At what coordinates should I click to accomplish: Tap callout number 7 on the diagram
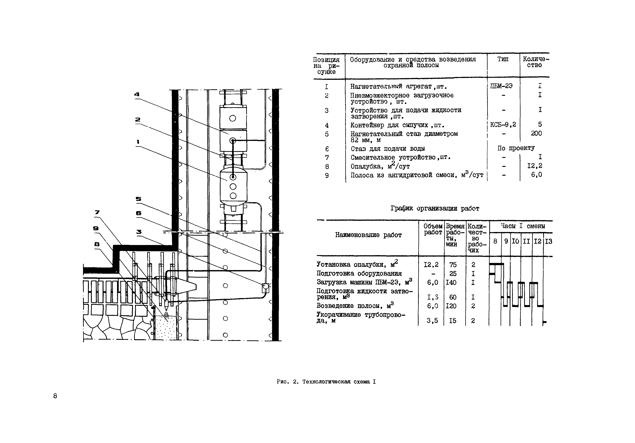[97, 212]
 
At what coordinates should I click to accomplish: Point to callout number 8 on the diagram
[97, 244]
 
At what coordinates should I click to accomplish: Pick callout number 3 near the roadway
[139, 232]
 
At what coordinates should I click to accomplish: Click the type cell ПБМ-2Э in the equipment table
[501, 86]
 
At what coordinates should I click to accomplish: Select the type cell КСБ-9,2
[503, 125]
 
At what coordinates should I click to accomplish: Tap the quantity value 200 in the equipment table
[536, 133]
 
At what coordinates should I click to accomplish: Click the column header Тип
[503, 59]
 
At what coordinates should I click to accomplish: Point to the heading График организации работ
[435, 208]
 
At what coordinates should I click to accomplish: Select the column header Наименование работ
[368, 235]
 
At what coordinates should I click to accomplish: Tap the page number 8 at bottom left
[55, 396]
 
